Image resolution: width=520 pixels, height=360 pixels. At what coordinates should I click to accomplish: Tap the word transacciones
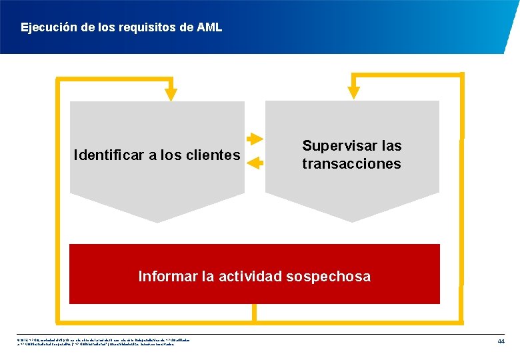tap(351, 164)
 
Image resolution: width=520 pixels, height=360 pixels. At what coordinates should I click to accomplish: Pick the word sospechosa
tap(331, 276)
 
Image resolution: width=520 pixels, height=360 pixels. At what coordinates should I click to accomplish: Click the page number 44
tap(501, 341)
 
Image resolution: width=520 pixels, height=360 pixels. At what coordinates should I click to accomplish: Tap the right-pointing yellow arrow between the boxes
tap(255, 139)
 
